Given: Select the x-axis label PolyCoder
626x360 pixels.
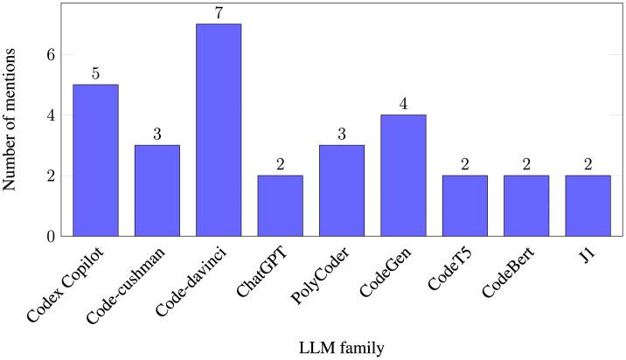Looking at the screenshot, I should click(x=325, y=273).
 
